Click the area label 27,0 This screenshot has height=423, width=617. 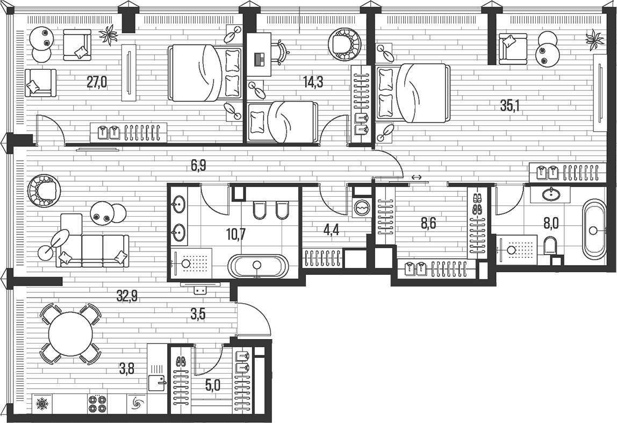point(97,82)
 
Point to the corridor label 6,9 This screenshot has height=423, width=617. point(198,166)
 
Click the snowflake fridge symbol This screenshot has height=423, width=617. point(41,403)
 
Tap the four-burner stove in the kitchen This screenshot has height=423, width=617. point(97,403)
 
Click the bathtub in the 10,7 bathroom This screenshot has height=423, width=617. point(258,266)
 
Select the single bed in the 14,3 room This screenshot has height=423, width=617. point(282,122)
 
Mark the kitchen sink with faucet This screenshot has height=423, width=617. point(157,382)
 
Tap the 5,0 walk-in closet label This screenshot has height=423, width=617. point(213,385)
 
